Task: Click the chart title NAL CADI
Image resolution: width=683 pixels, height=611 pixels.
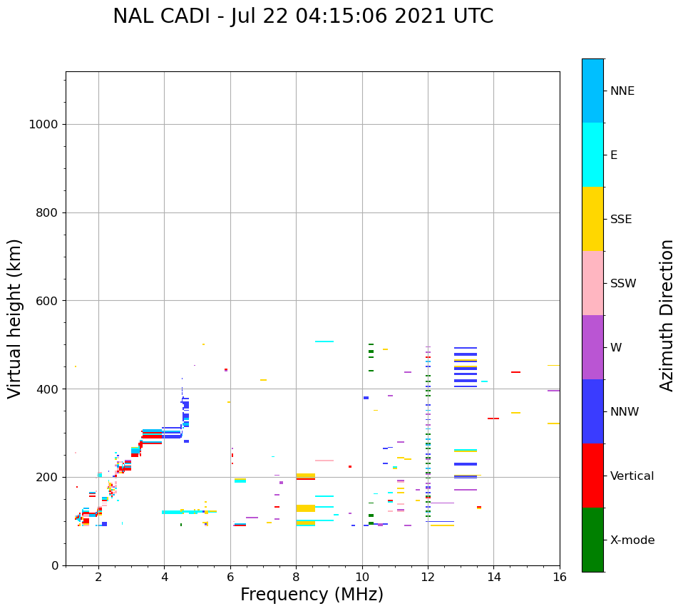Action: (x=303, y=16)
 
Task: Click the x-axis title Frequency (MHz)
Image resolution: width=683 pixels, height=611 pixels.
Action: (x=312, y=595)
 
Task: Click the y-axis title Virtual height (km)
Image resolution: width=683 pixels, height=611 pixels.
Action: (x=15, y=318)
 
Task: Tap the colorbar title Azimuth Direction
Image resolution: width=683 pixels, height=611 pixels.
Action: (x=667, y=315)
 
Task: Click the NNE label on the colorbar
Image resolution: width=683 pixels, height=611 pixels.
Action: (x=622, y=91)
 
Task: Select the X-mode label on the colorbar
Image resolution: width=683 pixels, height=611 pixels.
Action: (x=632, y=540)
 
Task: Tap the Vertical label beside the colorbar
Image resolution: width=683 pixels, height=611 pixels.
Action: (x=632, y=476)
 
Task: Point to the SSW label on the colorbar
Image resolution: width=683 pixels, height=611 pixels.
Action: (x=623, y=284)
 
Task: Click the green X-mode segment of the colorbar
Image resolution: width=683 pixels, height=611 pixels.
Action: (x=592, y=540)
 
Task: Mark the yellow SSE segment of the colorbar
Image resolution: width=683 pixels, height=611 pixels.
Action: (x=592, y=219)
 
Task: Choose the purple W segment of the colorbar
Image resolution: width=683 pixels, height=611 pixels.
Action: (x=592, y=347)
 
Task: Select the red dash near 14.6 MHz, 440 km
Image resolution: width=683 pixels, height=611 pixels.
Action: (x=515, y=372)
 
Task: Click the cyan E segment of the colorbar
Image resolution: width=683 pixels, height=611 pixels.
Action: (x=592, y=155)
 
